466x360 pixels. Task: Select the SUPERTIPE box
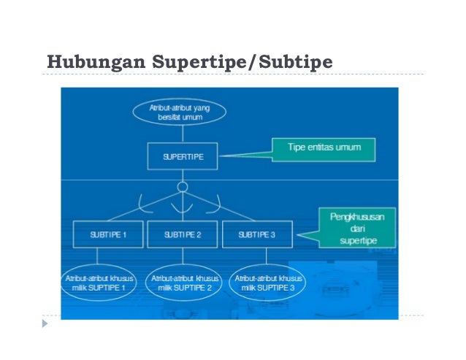tap(183, 156)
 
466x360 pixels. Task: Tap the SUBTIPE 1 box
tap(108, 234)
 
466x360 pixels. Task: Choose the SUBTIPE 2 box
tap(183, 234)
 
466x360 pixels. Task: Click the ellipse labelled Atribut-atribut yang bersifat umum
tap(180, 112)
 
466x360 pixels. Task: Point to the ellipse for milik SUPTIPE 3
tap(269, 283)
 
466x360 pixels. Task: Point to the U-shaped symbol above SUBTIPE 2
tap(183, 209)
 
